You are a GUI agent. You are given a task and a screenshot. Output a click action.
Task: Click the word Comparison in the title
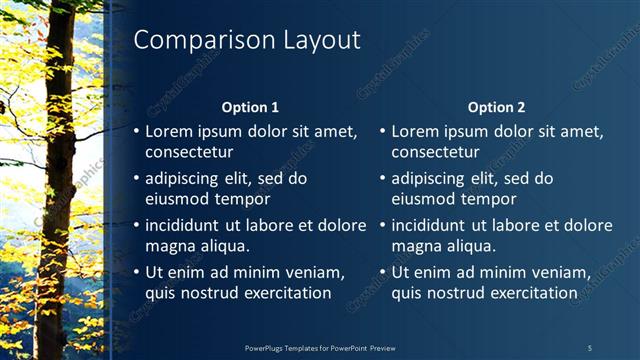tap(195, 40)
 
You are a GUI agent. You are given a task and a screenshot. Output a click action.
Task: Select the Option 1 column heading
tap(249, 107)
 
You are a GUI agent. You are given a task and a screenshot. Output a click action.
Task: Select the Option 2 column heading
tap(496, 107)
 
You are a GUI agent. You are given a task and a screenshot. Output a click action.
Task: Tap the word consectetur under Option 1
tap(189, 153)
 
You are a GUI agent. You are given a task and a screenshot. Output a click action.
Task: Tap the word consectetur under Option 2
tap(435, 153)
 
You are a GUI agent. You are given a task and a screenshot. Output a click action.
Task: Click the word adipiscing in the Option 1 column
tap(184, 178)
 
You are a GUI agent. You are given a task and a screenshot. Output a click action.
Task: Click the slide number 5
tap(589, 347)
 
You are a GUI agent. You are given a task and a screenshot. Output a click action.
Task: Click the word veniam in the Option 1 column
tap(314, 272)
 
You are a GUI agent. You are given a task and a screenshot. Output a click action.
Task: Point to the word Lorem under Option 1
tap(168, 130)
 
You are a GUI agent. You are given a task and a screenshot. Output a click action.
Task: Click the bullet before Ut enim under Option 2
tap(383, 272)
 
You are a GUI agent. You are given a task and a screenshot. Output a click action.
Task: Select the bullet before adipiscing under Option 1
tap(137, 178)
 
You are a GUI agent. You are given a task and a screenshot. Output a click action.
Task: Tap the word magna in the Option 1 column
tap(169, 246)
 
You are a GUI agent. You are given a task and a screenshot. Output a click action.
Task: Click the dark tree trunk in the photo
tap(56, 180)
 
